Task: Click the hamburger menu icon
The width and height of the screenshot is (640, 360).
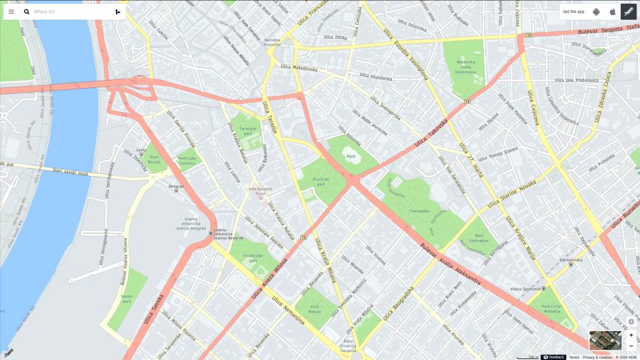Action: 11,12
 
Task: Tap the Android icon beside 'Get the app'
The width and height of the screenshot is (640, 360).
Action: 596,12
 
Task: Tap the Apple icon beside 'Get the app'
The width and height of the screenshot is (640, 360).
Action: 612,12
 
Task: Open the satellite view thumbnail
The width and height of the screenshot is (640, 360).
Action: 606,340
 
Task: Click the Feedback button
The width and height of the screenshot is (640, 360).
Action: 554,357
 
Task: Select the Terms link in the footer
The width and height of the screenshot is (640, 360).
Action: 574,357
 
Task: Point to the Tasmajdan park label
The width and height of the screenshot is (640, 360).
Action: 420,210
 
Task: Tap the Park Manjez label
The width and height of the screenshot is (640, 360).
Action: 315,309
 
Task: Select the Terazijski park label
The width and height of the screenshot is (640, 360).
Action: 246,131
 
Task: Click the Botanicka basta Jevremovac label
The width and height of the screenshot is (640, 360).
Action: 466,66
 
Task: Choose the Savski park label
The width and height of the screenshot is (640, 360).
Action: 127,299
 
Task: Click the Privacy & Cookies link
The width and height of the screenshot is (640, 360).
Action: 597,357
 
